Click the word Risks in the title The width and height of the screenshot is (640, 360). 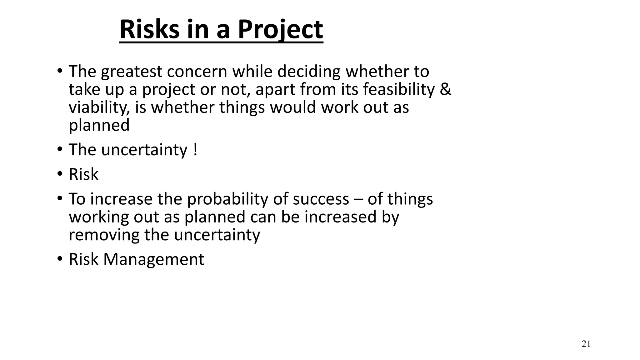[149, 29]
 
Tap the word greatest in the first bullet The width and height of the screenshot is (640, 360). [132, 72]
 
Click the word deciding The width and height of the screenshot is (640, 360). [309, 72]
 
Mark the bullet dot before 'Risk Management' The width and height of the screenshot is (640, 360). [60, 259]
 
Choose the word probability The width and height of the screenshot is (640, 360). [227, 199]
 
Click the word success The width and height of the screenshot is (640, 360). [321, 199]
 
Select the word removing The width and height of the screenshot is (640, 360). [104, 235]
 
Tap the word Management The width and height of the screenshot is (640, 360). [153, 259]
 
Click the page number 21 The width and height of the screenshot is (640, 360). [586, 344]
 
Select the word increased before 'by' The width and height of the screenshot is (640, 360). [340, 217]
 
